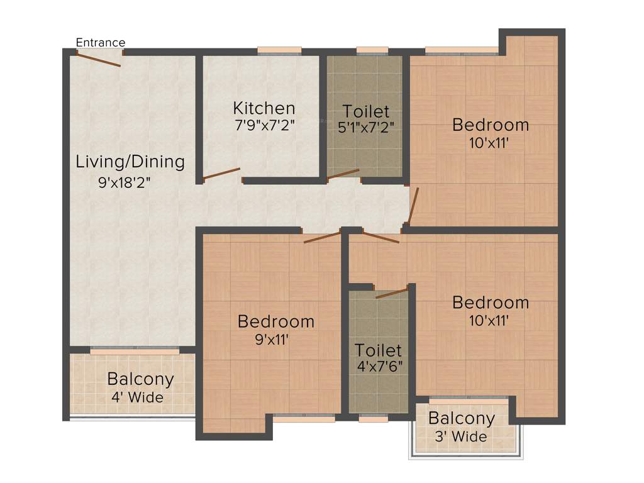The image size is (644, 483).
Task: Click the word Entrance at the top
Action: (101, 42)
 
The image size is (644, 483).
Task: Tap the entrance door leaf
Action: (98, 58)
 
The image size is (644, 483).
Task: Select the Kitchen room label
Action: (264, 108)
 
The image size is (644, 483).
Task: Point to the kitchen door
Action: (221, 174)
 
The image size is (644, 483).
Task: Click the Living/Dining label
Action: (130, 162)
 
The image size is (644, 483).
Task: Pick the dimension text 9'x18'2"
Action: (125, 184)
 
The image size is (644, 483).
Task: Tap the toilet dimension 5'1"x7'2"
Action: (365, 126)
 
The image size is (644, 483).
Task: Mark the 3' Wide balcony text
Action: (461, 435)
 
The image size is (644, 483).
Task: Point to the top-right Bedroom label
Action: (491, 125)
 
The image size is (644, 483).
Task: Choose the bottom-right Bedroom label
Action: (491, 303)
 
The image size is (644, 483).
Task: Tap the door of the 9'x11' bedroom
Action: (322, 237)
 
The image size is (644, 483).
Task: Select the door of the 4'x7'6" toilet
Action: (392, 292)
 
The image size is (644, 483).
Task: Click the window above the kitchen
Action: (279, 52)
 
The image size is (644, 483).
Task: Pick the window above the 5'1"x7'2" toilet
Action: (372, 52)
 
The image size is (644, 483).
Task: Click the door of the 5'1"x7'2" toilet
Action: (343, 175)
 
